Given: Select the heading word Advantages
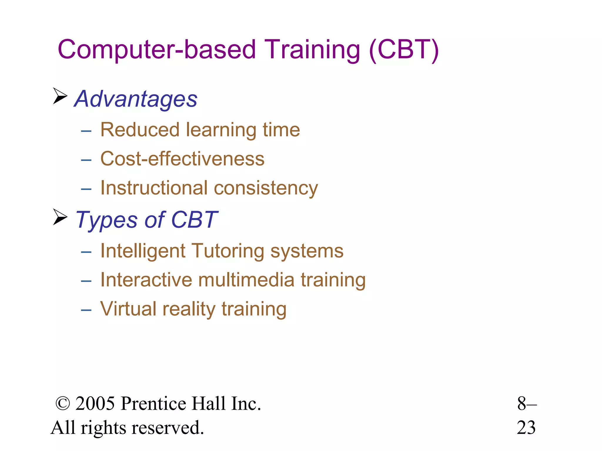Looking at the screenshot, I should pyautogui.click(x=136, y=99).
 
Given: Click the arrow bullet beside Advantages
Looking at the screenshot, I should pyautogui.click(x=60, y=96).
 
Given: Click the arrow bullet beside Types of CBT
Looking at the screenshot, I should pyautogui.click(x=60, y=217).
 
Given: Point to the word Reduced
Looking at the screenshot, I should pyautogui.click(x=140, y=130).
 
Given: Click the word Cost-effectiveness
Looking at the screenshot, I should pyautogui.click(x=182, y=159).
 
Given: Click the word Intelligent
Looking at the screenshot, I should pyautogui.click(x=143, y=251).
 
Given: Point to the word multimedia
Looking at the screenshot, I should pyautogui.click(x=246, y=280).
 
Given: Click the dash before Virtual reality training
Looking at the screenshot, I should pyautogui.click(x=86, y=310).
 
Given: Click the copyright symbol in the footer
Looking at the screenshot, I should pyautogui.click(x=63, y=404).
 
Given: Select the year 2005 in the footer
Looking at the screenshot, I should pyautogui.click(x=95, y=404).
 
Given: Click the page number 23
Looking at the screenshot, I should pyautogui.click(x=526, y=428).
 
